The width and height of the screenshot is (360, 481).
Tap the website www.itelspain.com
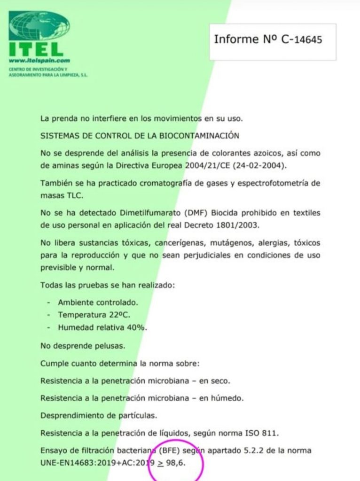39,61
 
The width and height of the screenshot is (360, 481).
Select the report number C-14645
302,39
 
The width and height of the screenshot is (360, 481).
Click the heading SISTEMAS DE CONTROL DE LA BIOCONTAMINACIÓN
140,136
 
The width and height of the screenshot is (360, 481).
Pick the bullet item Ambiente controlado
98,303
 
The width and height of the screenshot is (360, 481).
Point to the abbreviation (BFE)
173,450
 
